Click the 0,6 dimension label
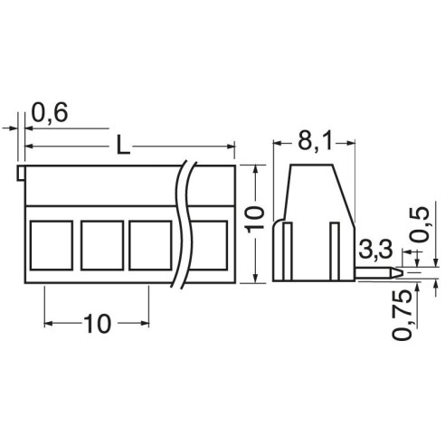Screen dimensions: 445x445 click(x=50, y=113)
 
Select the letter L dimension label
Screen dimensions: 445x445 click(x=123, y=145)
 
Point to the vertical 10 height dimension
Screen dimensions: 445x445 click(x=254, y=220)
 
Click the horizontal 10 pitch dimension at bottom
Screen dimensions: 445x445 click(x=97, y=324)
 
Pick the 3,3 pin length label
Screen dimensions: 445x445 click(x=376, y=249)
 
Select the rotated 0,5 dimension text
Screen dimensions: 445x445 click(x=420, y=224)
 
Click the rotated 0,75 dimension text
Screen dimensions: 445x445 click(x=402, y=315)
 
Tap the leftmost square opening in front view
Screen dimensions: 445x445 click(x=52, y=245)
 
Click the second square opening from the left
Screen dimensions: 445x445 click(x=102, y=245)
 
